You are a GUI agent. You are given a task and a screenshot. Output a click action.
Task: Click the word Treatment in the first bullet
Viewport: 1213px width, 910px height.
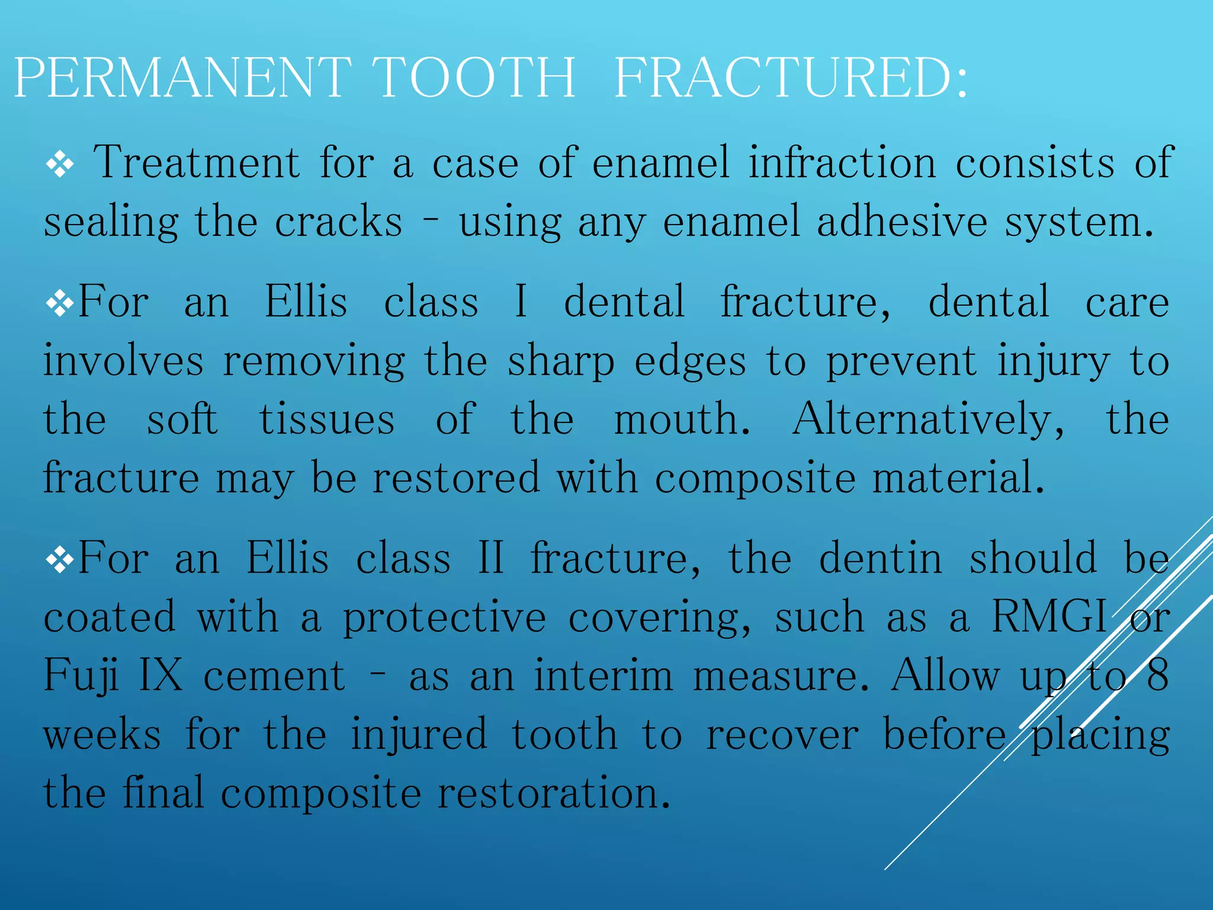pyautogui.click(x=197, y=162)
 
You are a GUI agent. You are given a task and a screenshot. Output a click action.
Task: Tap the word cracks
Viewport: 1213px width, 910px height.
pyautogui.click(x=338, y=222)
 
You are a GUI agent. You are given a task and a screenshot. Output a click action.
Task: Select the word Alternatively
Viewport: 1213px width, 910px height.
pyautogui.click(x=928, y=419)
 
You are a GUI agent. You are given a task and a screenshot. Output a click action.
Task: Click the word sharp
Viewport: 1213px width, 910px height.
pyautogui.click(x=561, y=361)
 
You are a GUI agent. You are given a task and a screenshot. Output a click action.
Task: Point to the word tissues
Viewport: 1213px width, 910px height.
pyautogui.click(x=327, y=419)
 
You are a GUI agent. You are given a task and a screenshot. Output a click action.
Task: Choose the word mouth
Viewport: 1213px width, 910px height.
pyautogui.click(x=682, y=419)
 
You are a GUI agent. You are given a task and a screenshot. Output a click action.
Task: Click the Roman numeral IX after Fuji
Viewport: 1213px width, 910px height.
pyautogui.click(x=161, y=675)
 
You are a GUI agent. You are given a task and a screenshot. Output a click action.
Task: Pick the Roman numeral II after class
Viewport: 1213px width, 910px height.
pyautogui.click(x=491, y=558)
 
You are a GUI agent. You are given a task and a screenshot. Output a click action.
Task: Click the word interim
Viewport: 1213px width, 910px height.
pyautogui.click(x=604, y=675)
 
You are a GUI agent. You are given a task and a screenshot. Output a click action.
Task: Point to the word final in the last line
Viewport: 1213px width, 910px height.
pyautogui.click(x=163, y=792)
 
